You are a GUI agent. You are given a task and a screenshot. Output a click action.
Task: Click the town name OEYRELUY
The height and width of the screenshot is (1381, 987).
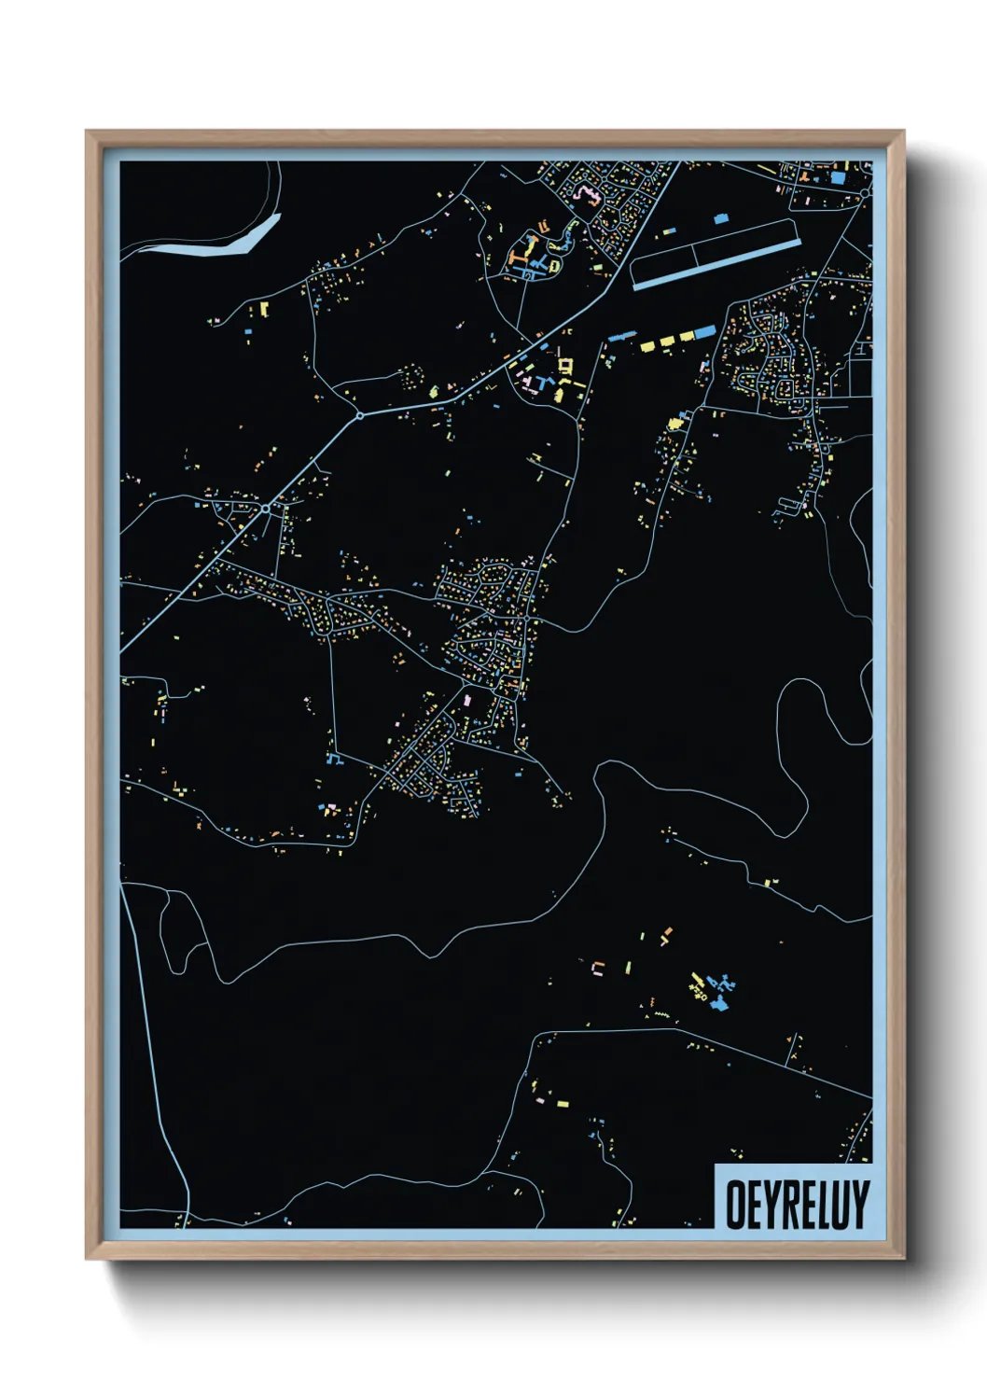tap(797, 1205)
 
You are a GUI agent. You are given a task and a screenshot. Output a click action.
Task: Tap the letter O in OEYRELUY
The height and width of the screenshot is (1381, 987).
tap(736, 1205)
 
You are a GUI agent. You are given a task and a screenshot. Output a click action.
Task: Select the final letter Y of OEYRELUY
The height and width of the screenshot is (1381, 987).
tap(859, 1205)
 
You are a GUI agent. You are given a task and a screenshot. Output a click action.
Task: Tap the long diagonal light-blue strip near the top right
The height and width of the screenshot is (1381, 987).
tap(716, 265)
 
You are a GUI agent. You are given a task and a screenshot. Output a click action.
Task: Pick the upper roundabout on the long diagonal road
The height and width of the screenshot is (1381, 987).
tap(359, 416)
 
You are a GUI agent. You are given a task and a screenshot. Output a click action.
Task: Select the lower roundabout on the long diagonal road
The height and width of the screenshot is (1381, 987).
tap(266, 509)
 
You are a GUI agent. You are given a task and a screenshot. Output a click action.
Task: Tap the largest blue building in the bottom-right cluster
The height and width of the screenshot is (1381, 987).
tap(718, 1003)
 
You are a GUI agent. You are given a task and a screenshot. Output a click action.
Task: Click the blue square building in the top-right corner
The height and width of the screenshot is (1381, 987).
tap(837, 177)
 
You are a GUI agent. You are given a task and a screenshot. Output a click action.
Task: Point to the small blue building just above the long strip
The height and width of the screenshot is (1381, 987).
tap(719, 218)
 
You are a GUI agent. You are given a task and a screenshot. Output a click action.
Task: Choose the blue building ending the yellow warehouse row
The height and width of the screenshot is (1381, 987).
tap(704, 332)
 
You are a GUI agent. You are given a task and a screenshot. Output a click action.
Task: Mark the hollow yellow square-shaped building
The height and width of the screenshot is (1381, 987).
tap(563, 364)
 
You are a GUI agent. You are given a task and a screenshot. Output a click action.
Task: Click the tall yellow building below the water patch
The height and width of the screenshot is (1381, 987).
tap(264, 308)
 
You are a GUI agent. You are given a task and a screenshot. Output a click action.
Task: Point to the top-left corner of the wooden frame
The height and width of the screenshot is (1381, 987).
tap(88, 133)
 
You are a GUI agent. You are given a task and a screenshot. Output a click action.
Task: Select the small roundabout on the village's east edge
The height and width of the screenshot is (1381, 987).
tap(528, 619)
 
